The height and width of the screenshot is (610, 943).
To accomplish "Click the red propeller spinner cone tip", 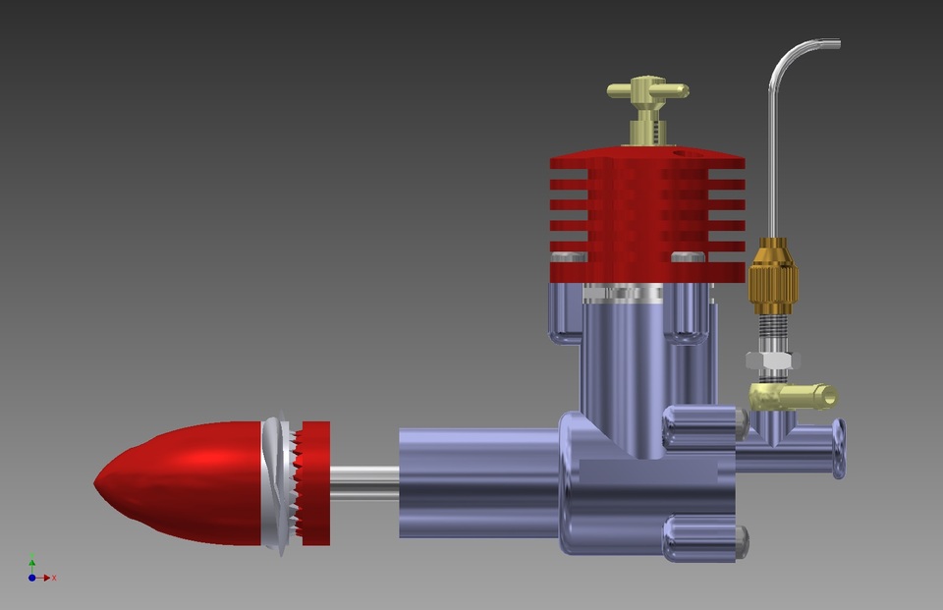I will (x=99, y=481).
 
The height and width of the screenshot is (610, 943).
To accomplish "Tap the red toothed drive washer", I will (x=314, y=482).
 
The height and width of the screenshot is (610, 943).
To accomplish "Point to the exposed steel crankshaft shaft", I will (x=363, y=481).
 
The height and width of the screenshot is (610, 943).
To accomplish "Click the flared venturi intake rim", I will (x=838, y=449).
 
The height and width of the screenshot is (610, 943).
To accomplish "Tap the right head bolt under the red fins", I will (x=689, y=257).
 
